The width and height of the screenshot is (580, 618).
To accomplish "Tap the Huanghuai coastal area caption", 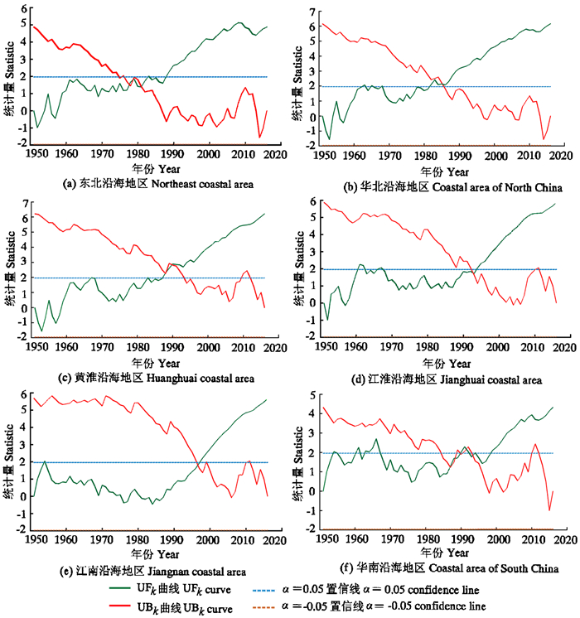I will [145, 378].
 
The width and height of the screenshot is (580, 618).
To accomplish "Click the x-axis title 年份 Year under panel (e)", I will [156, 553].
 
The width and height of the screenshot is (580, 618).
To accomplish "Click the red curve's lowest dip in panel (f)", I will [548, 511].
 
